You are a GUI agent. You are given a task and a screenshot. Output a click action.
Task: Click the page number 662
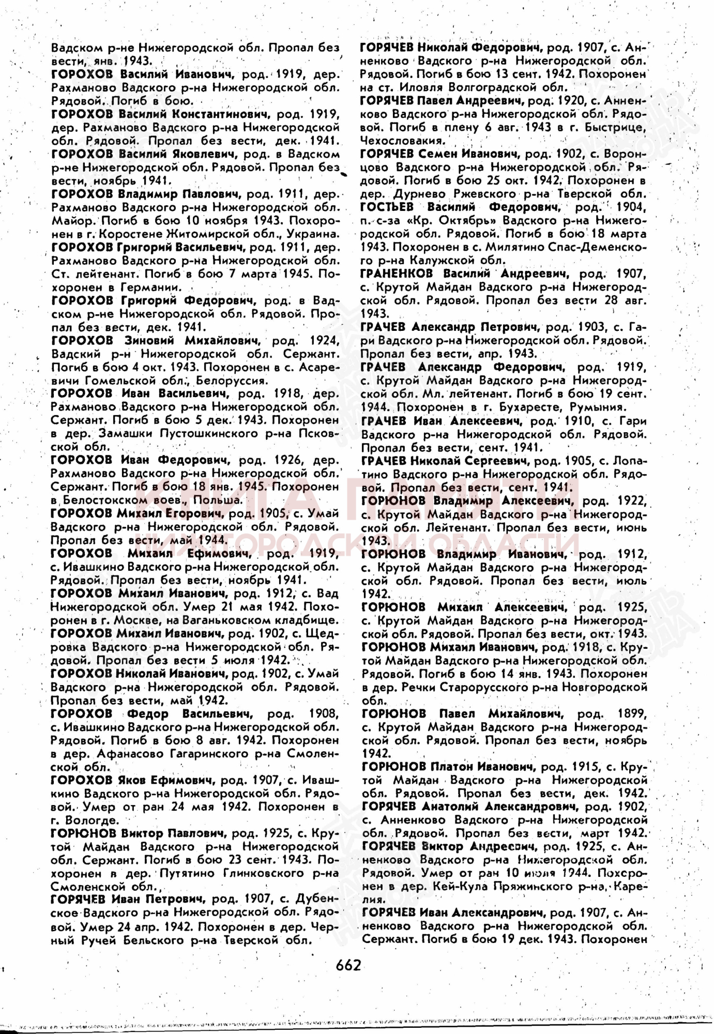[348, 965]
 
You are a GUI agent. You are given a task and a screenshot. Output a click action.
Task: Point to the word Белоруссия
[230, 381]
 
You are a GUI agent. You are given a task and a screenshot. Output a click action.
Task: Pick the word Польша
[217, 500]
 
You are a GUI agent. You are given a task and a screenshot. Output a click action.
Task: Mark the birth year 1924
[324, 341]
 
